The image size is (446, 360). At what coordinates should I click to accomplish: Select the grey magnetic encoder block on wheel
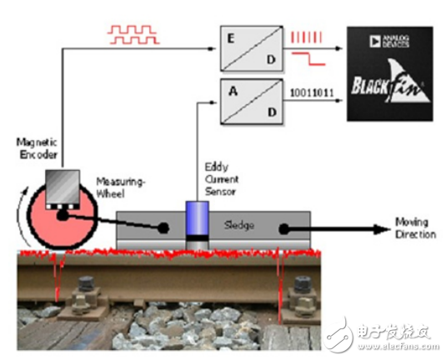(x=62, y=188)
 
